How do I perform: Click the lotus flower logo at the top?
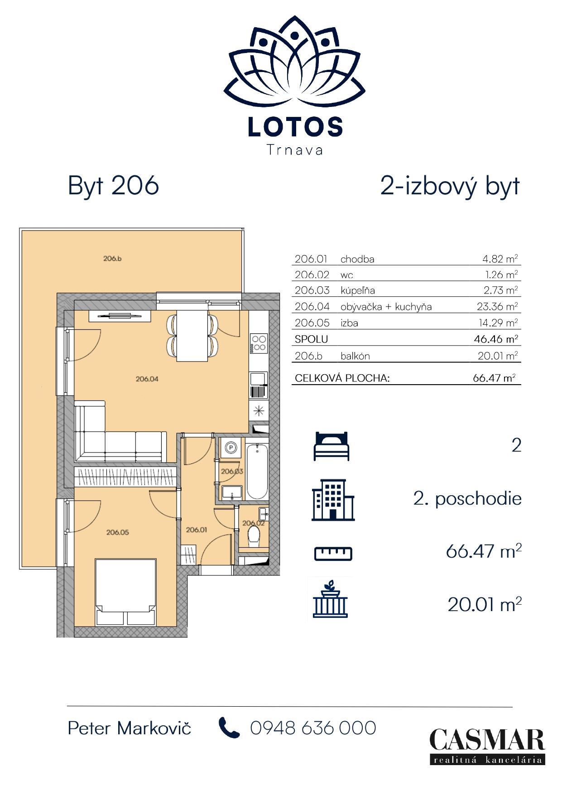click(294, 64)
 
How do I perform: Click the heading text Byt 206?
click(113, 186)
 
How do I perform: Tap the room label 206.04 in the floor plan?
click(147, 379)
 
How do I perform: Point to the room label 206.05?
click(117, 532)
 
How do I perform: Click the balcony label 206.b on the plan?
click(112, 259)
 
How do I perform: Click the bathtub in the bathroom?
click(257, 471)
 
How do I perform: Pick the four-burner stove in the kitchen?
click(259, 343)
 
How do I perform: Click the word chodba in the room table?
click(357, 259)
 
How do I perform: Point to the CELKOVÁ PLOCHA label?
click(342, 378)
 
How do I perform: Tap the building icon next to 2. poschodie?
click(333, 500)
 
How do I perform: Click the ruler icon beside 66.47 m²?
click(333, 554)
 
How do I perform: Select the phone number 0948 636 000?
click(313, 728)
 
